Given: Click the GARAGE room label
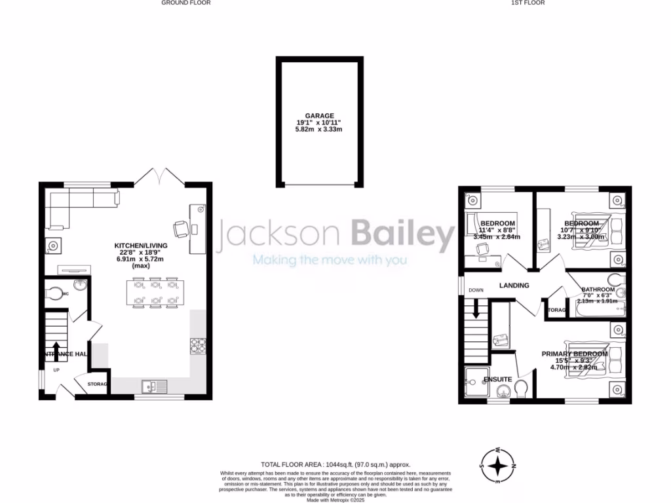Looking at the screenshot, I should (x=319, y=116).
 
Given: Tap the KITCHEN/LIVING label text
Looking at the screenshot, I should (x=141, y=246).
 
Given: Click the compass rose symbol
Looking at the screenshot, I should (x=499, y=466).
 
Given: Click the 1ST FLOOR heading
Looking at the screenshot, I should (x=527, y=3).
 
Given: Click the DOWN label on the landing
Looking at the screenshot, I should (x=476, y=290).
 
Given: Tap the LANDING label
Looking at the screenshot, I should (x=514, y=286).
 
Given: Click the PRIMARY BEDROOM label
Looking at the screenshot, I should (x=574, y=354).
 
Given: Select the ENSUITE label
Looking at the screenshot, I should (x=497, y=379).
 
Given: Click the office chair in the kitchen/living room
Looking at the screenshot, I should (x=180, y=229).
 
